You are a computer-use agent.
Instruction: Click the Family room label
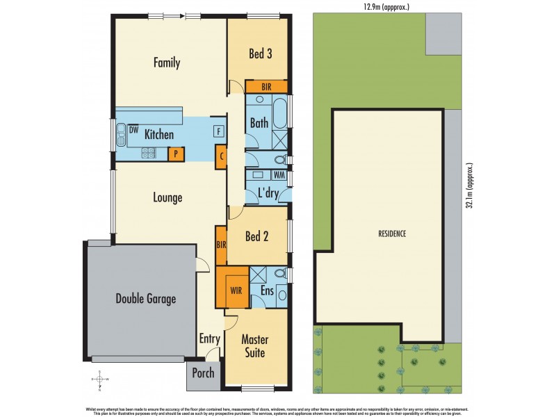pos(167,63)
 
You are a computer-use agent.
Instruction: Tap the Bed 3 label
pos(259,54)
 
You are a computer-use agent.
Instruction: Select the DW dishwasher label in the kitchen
pos(133,129)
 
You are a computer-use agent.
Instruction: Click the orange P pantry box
pos(176,154)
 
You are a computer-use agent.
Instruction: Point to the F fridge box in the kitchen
pos(218,131)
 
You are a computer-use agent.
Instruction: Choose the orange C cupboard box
pos(222,156)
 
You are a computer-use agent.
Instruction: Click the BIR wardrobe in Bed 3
pos(266,87)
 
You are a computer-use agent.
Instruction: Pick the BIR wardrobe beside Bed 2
pos(221,245)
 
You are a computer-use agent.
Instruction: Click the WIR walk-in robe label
pos(235,284)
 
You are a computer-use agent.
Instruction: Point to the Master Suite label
pos(254,346)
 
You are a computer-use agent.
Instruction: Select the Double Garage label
pos(145,299)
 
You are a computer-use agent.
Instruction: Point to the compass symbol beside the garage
pos(100,379)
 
